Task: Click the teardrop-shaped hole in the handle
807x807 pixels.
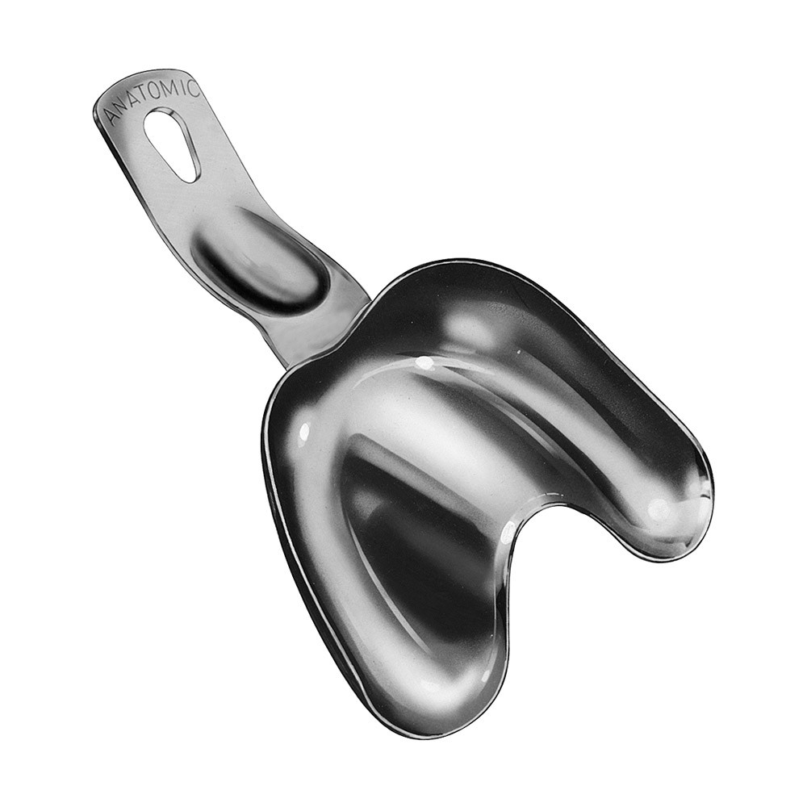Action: coord(174,141)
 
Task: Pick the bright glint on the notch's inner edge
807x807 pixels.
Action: coord(508,533)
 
